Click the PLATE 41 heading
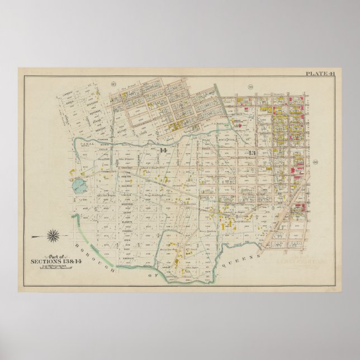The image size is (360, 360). point(319,73)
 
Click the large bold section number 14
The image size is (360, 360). point(163,151)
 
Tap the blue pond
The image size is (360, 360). point(77,184)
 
